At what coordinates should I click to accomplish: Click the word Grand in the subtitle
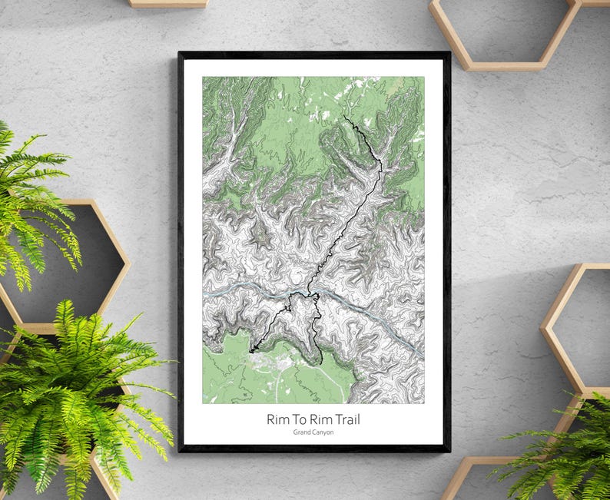pyautogui.click(x=301, y=432)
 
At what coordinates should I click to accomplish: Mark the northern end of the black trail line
pyautogui.click(x=344, y=117)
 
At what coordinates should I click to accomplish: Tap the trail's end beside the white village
pyautogui.click(x=250, y=352)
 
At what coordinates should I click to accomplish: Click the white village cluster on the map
pyautogui.click(x=265, y=359)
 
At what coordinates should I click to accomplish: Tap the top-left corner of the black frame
pyautogui.click(x=179, y=53)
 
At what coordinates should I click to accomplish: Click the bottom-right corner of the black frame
pyautogui.click(x=449, y=450)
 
